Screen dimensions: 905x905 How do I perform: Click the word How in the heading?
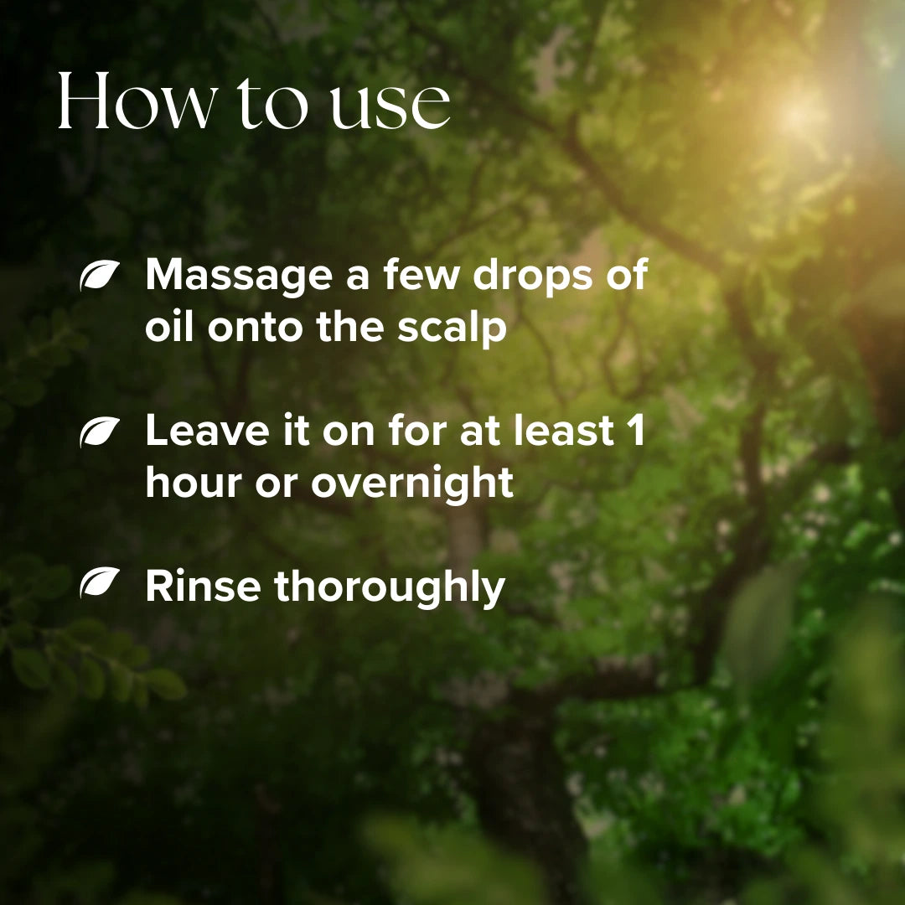point(135,101)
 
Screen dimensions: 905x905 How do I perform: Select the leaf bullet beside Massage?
point(99,276)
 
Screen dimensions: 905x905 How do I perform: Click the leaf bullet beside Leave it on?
point(99,432)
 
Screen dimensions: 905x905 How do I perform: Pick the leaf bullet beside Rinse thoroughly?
point(99,582)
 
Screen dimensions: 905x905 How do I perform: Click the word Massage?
point(238,277)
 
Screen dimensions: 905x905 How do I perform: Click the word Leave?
point(207,432)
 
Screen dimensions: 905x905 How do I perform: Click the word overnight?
point(412,484)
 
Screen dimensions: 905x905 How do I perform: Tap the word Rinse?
point(203,587)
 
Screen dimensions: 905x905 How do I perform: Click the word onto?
point(256,328)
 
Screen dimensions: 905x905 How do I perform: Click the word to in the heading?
point(271,105)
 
